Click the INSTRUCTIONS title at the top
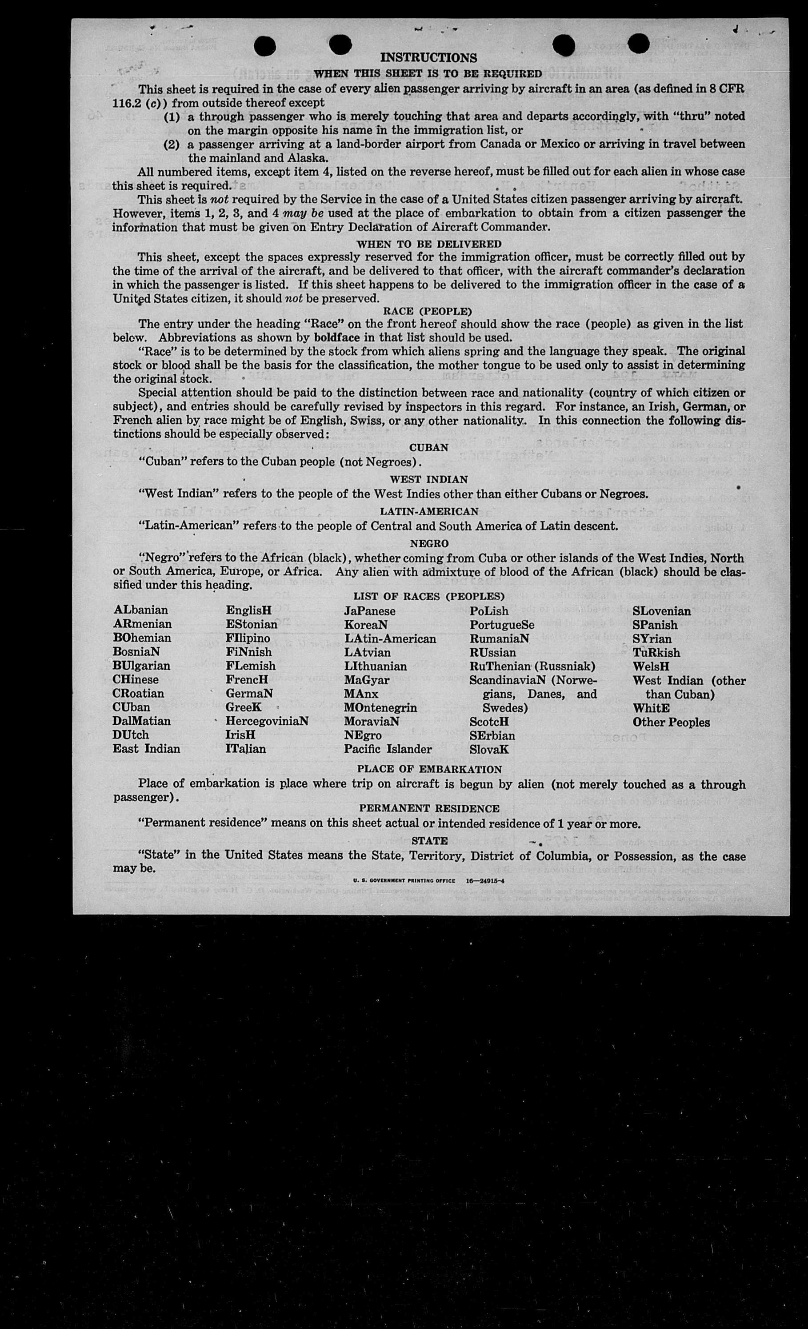(x=428, y=58)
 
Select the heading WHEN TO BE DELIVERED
(x=428, y=244)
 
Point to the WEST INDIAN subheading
(x=428, y=479)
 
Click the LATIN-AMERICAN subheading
(x=428, y=511)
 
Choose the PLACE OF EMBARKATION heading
(x=429, y=769)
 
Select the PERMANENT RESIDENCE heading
(x=429, y=808)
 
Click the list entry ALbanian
(x=141, y=610)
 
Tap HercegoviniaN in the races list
(x=267, y=721)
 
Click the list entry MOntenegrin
(x=380, y=708)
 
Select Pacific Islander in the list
(x=388, y=749)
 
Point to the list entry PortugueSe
(x=502, y=625)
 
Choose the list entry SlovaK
(x=489, y=749)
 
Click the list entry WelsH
(x=651, y=667)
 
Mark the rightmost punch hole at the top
(x=638, y=44)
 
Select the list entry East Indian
(x=146, y=749)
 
